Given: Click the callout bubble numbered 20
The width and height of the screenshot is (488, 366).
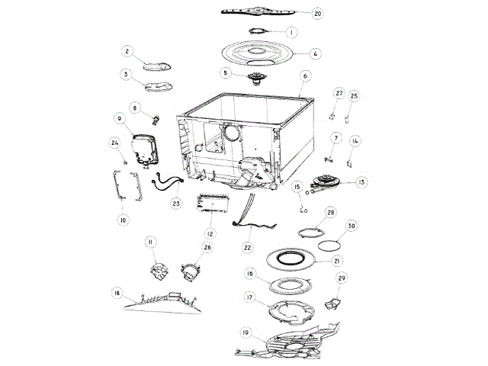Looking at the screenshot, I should click(x=317, y=13).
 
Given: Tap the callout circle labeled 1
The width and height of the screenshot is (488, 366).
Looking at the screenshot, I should click(x=291, y=32).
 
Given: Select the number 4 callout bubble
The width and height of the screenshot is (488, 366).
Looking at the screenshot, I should click(x=315, y=53).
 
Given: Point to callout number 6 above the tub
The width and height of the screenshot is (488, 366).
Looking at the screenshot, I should click(x=304, y=76).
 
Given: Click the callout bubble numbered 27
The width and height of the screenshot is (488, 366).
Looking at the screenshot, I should click(x=339, y=93).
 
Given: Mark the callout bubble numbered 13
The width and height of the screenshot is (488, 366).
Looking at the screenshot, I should click(x=361, y=182).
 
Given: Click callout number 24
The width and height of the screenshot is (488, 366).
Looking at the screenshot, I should click(x=115, y=142).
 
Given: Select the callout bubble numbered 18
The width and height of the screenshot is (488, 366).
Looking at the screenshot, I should click(x=117, y=293).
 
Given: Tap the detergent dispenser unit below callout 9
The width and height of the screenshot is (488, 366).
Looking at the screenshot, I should click(x=143, y=150).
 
